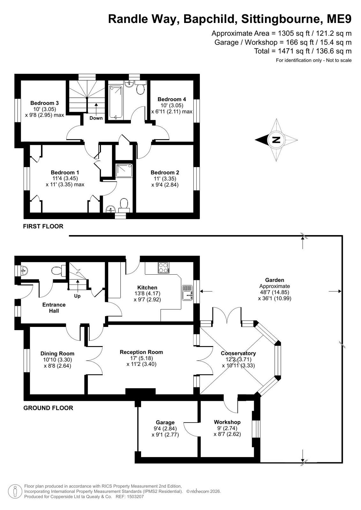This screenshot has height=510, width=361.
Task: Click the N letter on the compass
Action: point(276,140)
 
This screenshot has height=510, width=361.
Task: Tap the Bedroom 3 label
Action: point(44,103)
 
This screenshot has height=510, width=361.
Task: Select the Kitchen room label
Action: point(147,288)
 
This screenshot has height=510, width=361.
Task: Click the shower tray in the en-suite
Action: point(124,171)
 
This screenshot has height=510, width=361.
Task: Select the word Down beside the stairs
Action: point(96,118)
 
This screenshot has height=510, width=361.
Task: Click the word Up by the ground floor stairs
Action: point(77,296)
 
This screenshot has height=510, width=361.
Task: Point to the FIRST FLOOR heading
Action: point(43,226)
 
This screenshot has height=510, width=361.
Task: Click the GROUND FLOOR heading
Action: point(48,408)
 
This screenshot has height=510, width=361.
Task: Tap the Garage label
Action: point(165,423)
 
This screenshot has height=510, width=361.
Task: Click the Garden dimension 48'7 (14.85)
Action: point(275,292)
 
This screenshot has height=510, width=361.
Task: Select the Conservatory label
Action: point(238,353)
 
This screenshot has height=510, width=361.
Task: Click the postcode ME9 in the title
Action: point(339,19)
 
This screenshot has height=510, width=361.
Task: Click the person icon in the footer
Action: point(15,492)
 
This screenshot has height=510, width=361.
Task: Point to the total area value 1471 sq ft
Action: point(294,51)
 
